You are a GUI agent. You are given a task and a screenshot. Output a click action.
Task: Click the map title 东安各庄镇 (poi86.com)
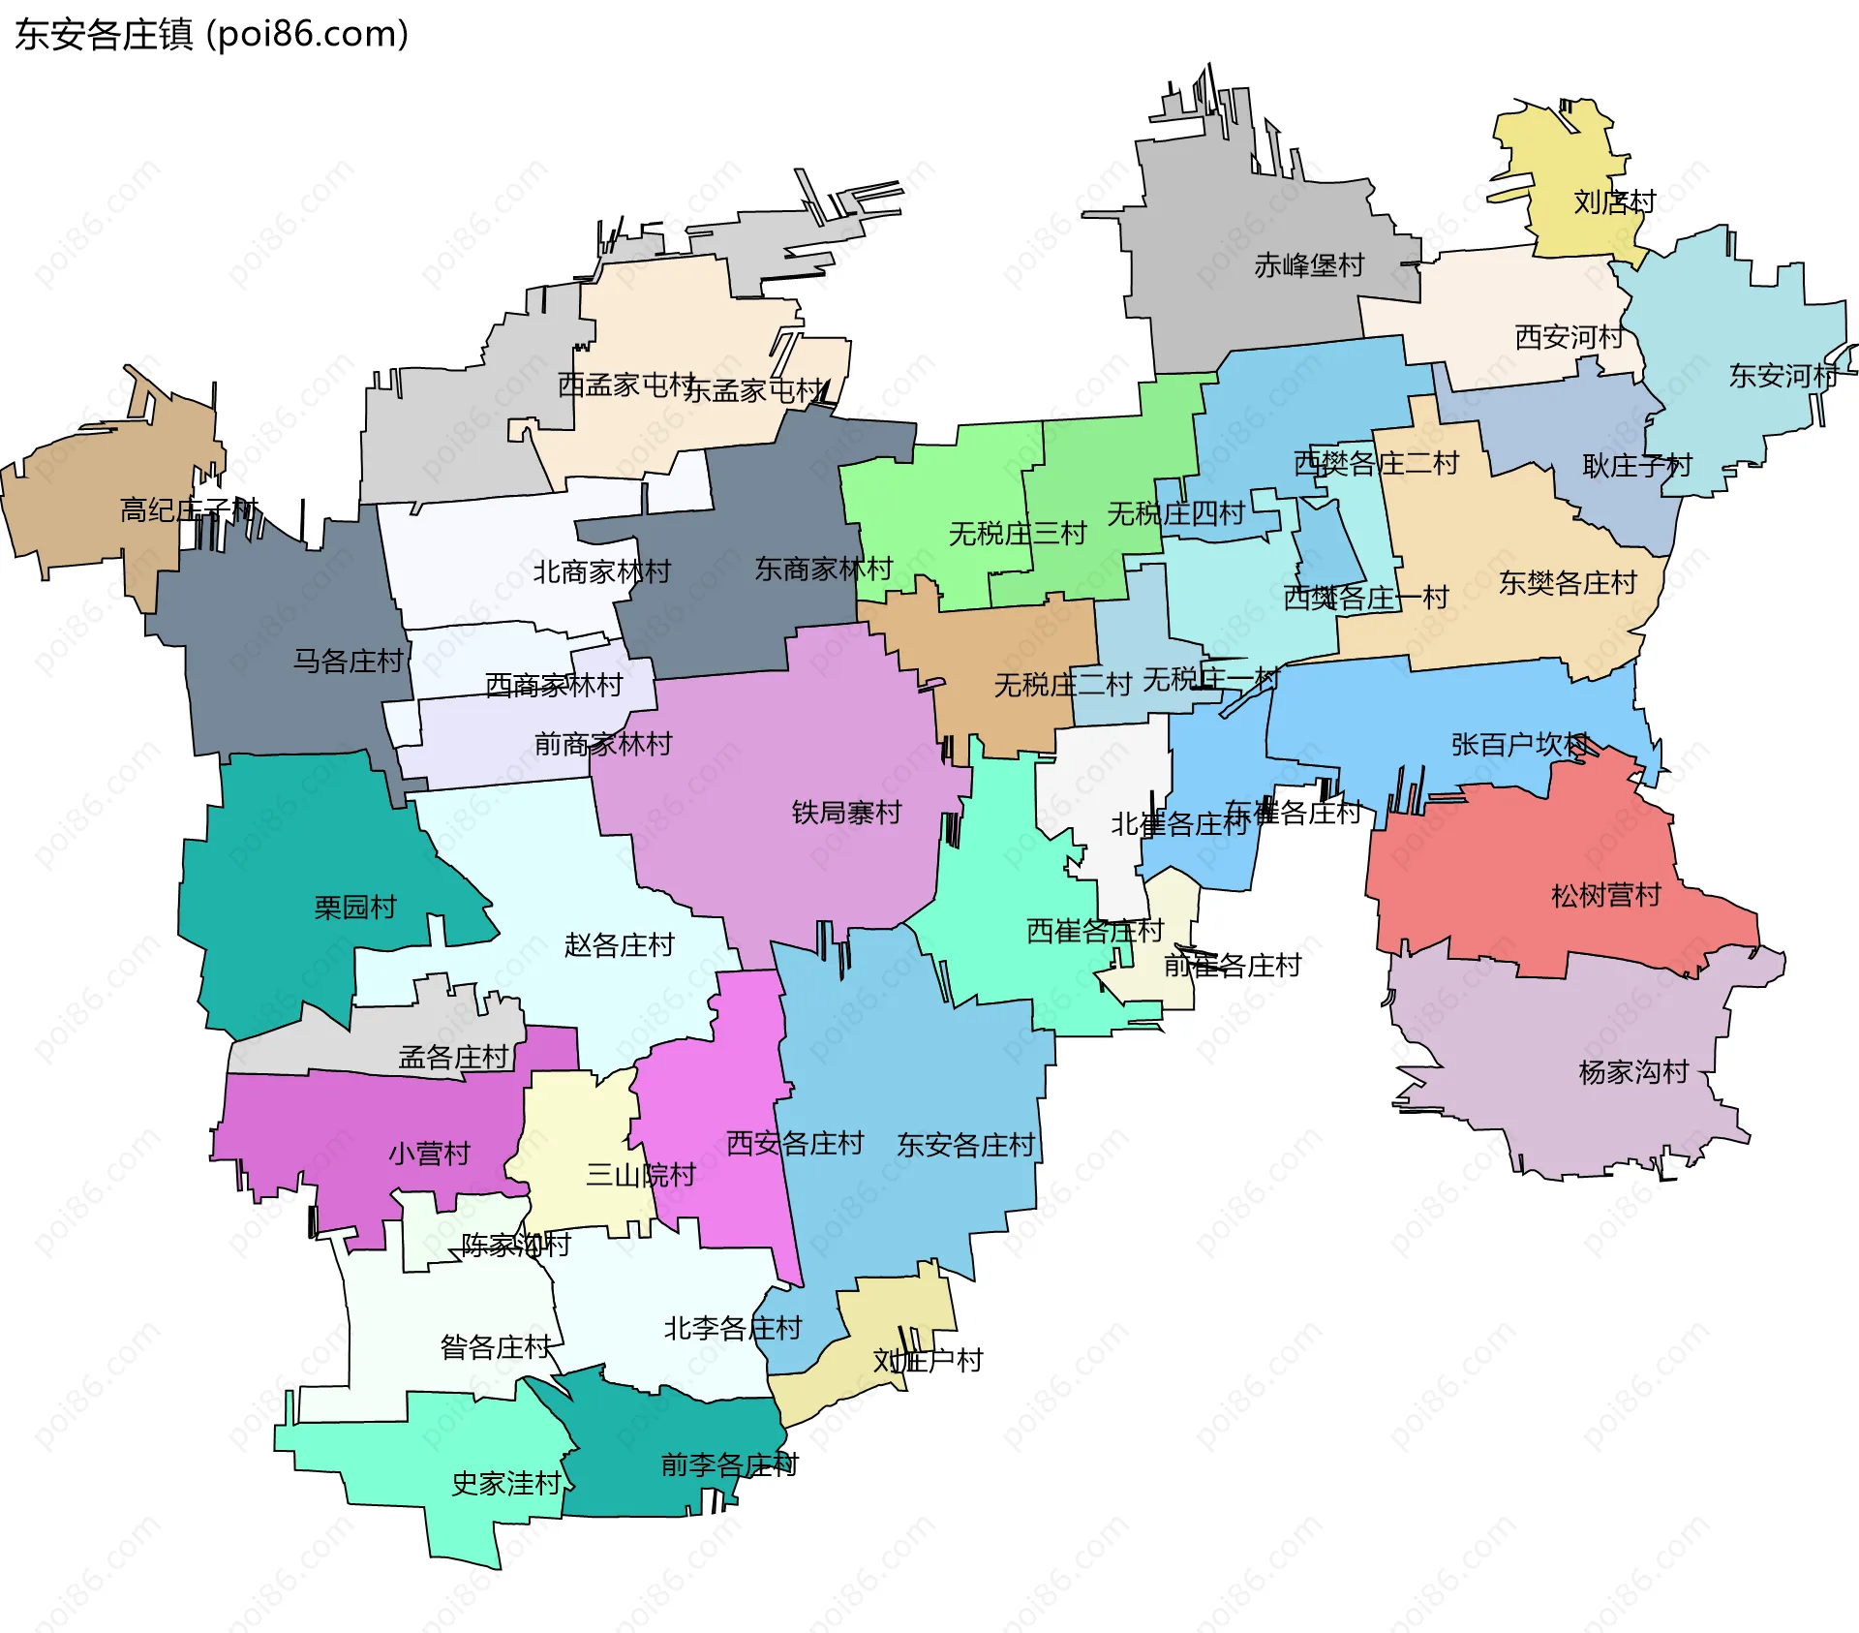[211, 35]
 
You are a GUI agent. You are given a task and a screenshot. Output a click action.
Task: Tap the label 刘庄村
[1614, 201]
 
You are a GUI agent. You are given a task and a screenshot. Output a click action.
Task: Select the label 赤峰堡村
[1309, 264]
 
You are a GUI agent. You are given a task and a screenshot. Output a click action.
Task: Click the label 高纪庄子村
[189, 509]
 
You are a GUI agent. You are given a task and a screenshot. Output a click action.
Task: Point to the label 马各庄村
[348, 662]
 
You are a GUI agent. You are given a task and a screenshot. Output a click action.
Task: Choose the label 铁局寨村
[846, 812]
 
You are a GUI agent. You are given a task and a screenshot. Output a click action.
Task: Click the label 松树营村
[1605, 895]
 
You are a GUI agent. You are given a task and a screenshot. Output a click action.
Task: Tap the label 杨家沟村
[1633, 1071]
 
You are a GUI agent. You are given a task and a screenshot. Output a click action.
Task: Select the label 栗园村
[355, 908]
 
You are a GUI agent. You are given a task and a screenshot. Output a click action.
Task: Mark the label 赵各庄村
[619, 944]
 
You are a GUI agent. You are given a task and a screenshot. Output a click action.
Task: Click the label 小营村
[429, 1154]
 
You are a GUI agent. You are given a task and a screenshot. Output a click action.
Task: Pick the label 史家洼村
[506, 1483]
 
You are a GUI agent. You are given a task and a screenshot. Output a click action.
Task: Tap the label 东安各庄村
[965, 1145]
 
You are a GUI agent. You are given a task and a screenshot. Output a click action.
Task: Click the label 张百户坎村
[1519, 744]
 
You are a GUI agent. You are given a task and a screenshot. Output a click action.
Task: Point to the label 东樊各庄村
[1568, 582]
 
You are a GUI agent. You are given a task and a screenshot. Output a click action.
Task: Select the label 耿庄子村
[1636, 466]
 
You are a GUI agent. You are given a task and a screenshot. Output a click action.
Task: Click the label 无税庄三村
[1017, 533]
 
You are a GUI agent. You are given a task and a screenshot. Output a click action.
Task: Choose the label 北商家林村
[601, 571]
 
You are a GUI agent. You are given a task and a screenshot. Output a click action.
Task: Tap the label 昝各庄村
[496, 1346]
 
